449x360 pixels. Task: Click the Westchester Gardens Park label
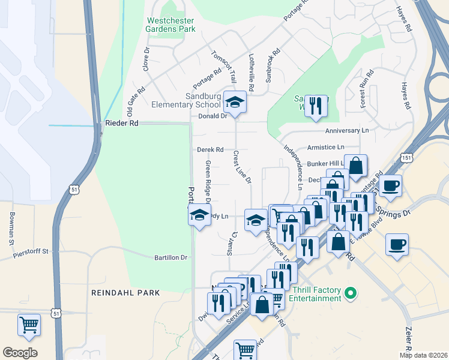(171, 23)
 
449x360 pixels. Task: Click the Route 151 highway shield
(407, 157)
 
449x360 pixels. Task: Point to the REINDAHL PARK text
(125, 293)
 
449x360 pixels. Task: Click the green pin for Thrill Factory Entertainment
(351, 293)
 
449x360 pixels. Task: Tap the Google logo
(20, 353)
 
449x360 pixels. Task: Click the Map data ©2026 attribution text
(423, 355)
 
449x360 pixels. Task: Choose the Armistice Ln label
(325, 146)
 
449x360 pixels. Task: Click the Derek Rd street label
(210, 149)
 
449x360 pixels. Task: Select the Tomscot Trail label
(224, 63)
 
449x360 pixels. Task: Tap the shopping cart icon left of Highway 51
(29, 325)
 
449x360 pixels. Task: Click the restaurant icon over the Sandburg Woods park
(316, 106)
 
